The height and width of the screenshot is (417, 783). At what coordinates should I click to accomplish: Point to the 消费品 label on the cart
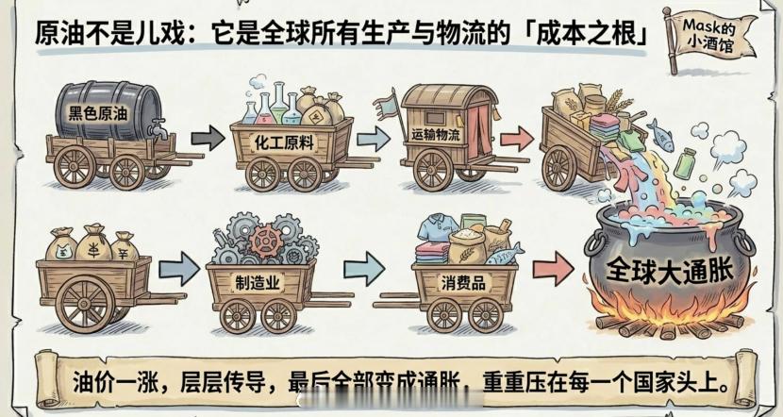point(464,281)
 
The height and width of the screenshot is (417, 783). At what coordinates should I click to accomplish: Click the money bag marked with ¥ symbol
point(92,247)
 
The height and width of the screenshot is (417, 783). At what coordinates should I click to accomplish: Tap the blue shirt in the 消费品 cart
point(437,230)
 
